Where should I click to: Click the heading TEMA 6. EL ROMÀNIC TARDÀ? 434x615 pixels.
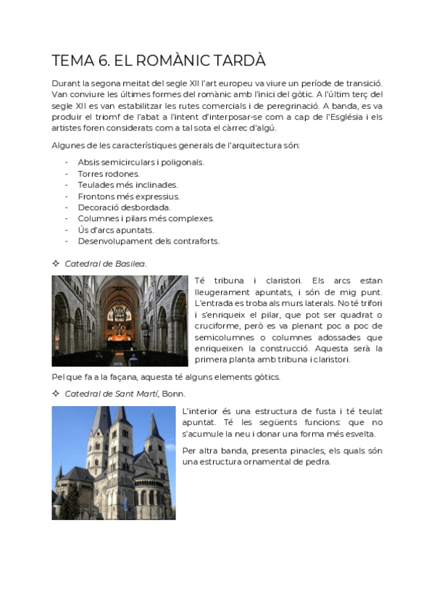coord(159,61)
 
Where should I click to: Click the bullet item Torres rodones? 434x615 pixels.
coord(108,174)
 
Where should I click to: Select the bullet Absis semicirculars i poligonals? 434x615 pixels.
coord(141,162)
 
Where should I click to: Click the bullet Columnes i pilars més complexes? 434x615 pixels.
coord(145,218)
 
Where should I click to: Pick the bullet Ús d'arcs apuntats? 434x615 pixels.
coord(115,230)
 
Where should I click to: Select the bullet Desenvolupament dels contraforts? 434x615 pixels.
coord(148,241)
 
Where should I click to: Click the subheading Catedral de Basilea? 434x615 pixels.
coord(105,263)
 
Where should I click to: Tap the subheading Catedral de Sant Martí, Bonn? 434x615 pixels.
coord(125,393)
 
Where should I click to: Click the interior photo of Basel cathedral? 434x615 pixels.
coord(120,320)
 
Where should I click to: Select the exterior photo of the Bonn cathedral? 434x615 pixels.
coord(113,463)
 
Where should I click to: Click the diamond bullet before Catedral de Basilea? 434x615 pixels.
coord(56,263)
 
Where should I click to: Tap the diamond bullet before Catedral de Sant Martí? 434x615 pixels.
coord(56,393)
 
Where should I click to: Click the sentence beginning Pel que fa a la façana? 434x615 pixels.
coord(165,376)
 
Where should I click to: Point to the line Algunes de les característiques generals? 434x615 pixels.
coord(175,146)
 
